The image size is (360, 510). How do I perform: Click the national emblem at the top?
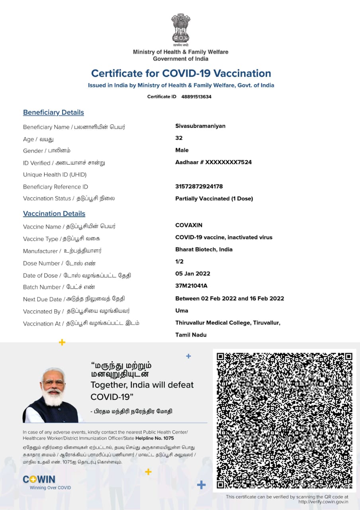coord(181,29)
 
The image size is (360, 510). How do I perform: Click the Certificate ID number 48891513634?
coord(196,97)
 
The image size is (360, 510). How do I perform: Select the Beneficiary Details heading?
coord(53,112)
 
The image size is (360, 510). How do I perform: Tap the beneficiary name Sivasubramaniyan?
coord(200,126)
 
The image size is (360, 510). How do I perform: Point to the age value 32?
coord(179,138)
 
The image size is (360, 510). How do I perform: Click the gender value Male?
coord(182,150)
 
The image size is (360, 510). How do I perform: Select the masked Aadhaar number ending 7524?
coord(213,162)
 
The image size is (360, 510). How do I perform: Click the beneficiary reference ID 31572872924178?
coord(199,186)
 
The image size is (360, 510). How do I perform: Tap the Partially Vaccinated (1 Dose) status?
coord(214,198)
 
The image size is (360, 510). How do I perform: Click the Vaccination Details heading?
coord(54,214)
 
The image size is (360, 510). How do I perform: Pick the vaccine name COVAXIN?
coord(189,225)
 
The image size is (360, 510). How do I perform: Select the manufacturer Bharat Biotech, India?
coord(204,249)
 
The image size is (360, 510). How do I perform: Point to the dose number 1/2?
coord(179,261)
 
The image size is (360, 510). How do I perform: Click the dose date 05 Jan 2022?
coord(193,274)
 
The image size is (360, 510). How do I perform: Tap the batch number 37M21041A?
coord(191,286)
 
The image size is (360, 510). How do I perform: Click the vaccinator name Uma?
coord(182,310)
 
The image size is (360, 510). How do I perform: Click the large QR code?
coord(284,420)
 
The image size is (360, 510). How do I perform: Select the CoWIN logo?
coord(39,479)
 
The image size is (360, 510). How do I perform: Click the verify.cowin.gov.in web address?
coord(323,502)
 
